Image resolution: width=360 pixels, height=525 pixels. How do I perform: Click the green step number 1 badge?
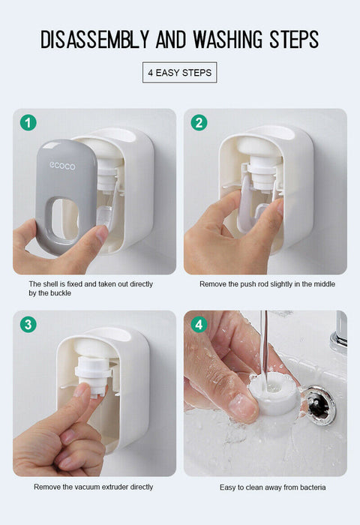(x=28, y=122)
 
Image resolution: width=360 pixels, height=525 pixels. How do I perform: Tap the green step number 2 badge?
(x=199, y=122)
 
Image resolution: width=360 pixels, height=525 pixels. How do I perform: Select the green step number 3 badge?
(x=28, y=324)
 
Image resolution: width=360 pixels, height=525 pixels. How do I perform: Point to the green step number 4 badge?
(x=199, y=324)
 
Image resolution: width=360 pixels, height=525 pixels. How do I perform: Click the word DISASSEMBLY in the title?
(x=94, y=39)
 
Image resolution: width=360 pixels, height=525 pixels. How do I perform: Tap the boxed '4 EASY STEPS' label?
(x=179, y=73)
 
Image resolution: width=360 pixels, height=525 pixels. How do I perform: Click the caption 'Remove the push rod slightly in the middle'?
(x=267, y=284)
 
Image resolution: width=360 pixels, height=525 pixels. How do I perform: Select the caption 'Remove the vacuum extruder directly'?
(x=93, y=487)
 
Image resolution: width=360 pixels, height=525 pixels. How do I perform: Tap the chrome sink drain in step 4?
(x=321, y=403)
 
